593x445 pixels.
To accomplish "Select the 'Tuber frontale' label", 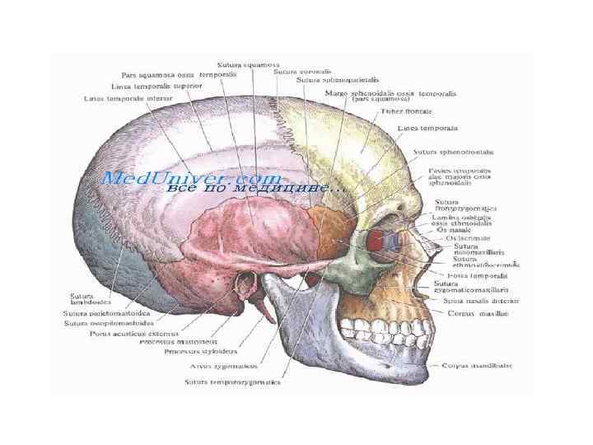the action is click(x=407, y=110).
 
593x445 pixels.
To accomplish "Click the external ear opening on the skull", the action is click(x=245, y=288).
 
